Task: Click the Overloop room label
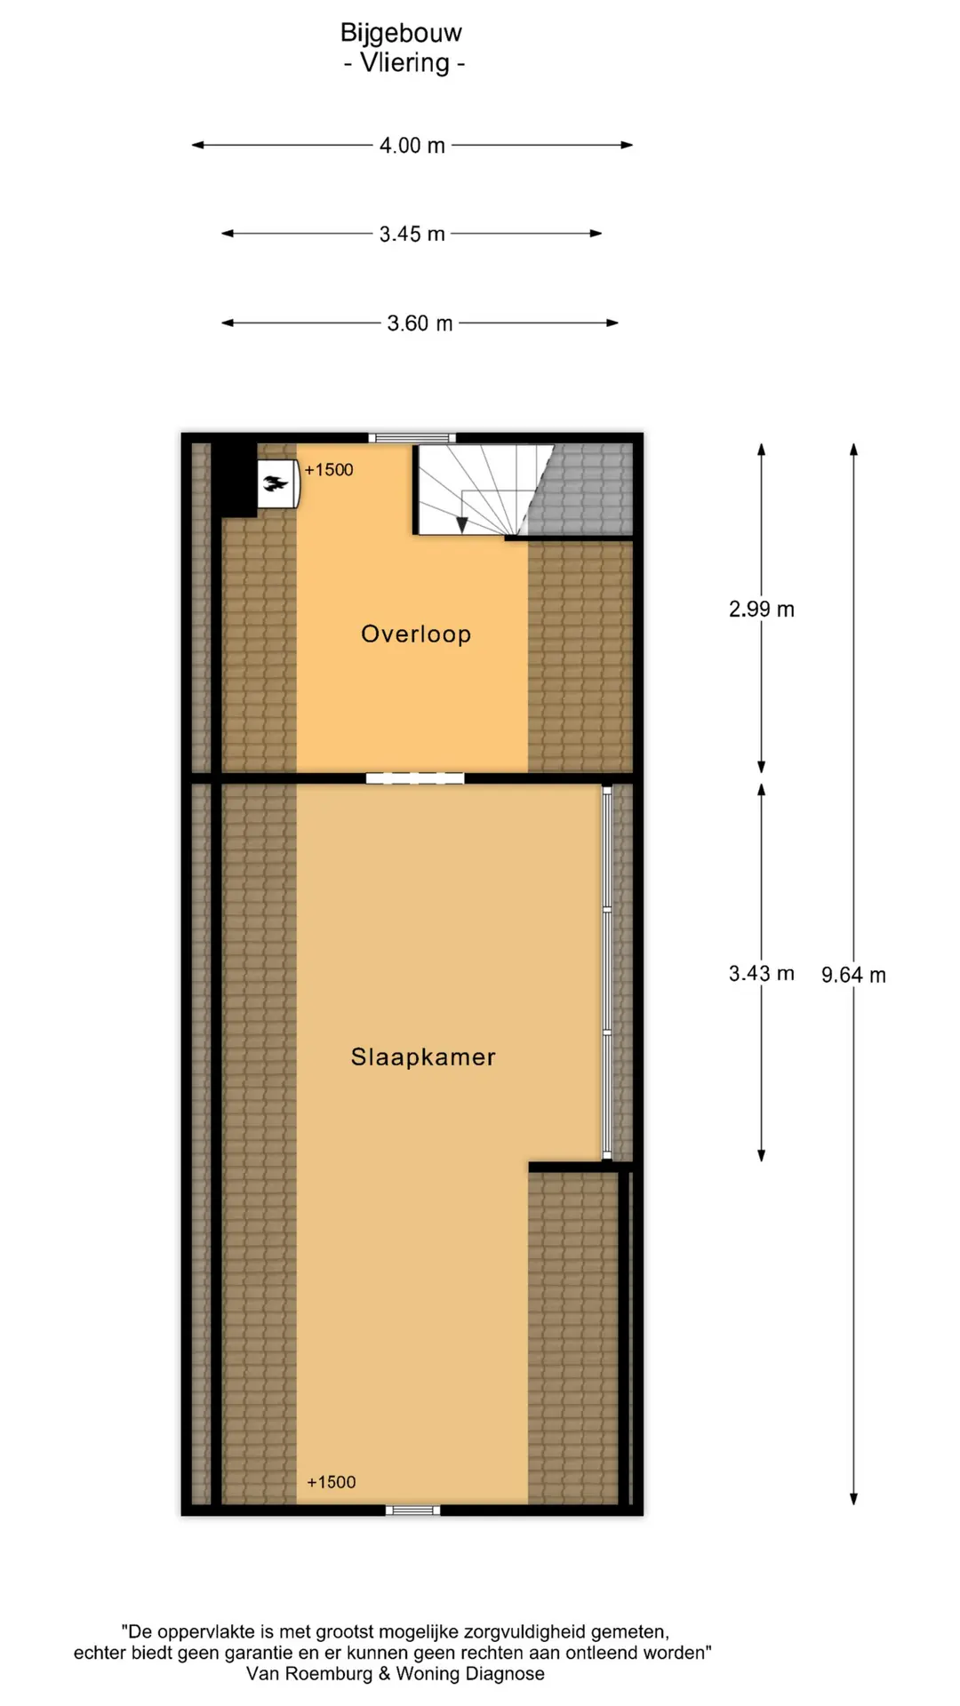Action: (416, 634)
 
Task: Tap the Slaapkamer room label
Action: (423, 1056)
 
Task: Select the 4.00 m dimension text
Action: (412, 145)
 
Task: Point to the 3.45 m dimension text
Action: (412, 234)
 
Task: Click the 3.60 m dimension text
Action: (420, 323)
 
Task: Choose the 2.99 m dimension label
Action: (762, 609)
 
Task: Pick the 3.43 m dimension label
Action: (762, 973)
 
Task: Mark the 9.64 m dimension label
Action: (853, 975)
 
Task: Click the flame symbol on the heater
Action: (276, 484)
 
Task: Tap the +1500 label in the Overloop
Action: (329, 469)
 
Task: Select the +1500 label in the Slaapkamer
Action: (331, 1481)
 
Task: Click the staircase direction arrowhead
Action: (461, 524)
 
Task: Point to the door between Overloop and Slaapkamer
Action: (415, 778)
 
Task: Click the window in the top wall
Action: (412, 437)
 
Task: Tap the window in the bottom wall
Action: (412, 1510)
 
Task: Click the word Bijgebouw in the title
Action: (401, 33)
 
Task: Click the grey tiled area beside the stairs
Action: (582, 489)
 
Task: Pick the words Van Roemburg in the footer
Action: (309, 1673)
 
